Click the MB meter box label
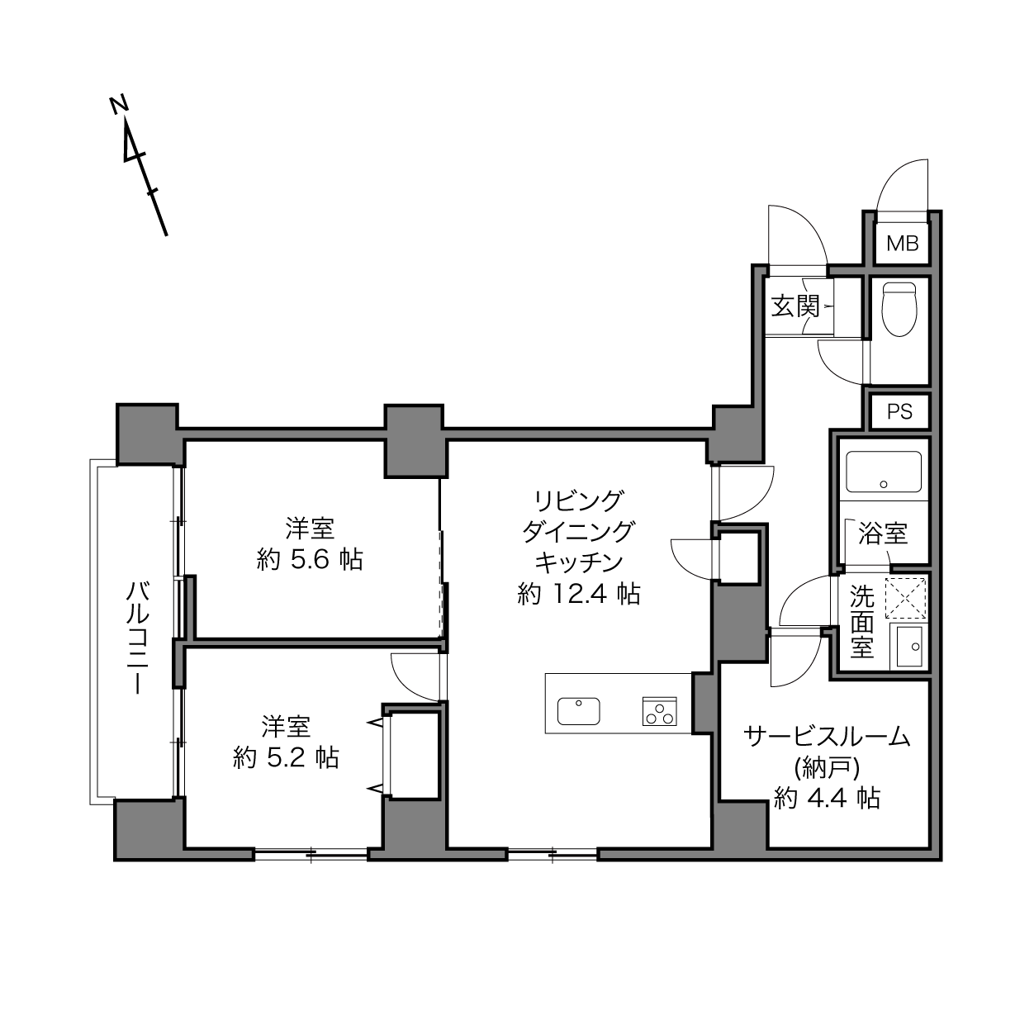tap(902, 244)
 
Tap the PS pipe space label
tap(899, 411)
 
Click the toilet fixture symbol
tap(899, 309)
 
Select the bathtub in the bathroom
tap(883, 472)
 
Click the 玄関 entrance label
tap(796, 306)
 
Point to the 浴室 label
tap(883, 534)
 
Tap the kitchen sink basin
tap(578, 711)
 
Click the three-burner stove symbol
tap(659, 711)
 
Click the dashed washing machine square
tap(905, 598)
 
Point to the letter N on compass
tap(120, 104)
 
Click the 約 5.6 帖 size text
tap(310, 560)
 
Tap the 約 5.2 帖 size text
tap(286, 757)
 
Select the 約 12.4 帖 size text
tap(579, 595)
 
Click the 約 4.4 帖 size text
tap(827, 799)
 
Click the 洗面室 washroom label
tap(861, 621)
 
